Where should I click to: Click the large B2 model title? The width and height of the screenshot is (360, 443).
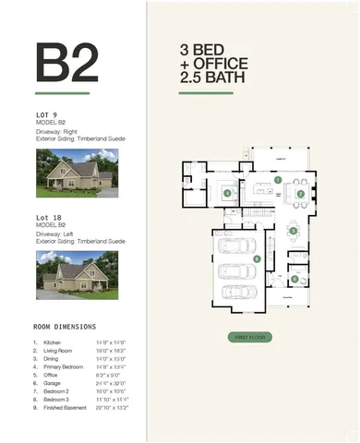coord(66,62)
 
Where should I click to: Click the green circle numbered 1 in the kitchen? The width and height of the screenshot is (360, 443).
coord(278,180)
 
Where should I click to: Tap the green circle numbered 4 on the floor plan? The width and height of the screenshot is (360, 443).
coord(226,193)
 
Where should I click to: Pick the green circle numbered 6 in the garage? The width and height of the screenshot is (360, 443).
coord(257,259)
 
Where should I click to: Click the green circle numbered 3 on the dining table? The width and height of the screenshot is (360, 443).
coord(300,194)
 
